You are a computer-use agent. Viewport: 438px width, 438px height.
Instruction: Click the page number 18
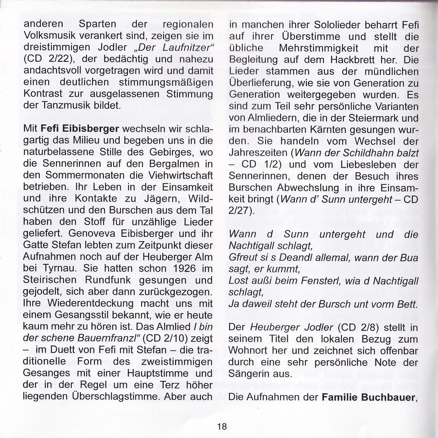[x=222, y=426]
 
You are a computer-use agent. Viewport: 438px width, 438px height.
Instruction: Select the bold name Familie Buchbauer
[x=368, y=397]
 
